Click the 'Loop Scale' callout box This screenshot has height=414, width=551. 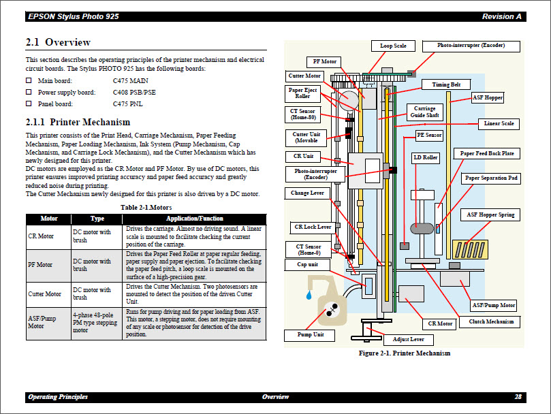click(x=393, y=46)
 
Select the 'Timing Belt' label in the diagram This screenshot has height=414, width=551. click(x=446, y=84)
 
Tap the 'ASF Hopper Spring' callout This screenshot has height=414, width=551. click(x=490, y=214)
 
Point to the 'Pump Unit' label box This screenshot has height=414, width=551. click(x=310, y=335)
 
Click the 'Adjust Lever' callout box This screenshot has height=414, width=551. click(x=409, y=339)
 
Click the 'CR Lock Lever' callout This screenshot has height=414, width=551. click(x=313, y=227)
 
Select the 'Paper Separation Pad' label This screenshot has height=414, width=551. click(x=491, y=178)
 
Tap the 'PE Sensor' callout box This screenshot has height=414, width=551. click(x=429, y=136)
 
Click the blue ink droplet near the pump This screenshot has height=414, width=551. click(x=309, y=296)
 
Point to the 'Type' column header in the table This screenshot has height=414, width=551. click(x=97, y=219)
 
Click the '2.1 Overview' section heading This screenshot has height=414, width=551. click(x=58, y=42)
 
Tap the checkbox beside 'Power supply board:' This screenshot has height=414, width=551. click(x=29, y=92)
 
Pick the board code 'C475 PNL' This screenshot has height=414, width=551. click(x=128, y=103)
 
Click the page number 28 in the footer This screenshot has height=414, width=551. click(x=518, y=396)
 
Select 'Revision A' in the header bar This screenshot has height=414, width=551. click(x=501, y=16)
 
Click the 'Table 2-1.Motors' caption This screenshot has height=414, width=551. click(x=146, y=206)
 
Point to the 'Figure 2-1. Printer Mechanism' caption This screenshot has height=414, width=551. click(x=405, y=353)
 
